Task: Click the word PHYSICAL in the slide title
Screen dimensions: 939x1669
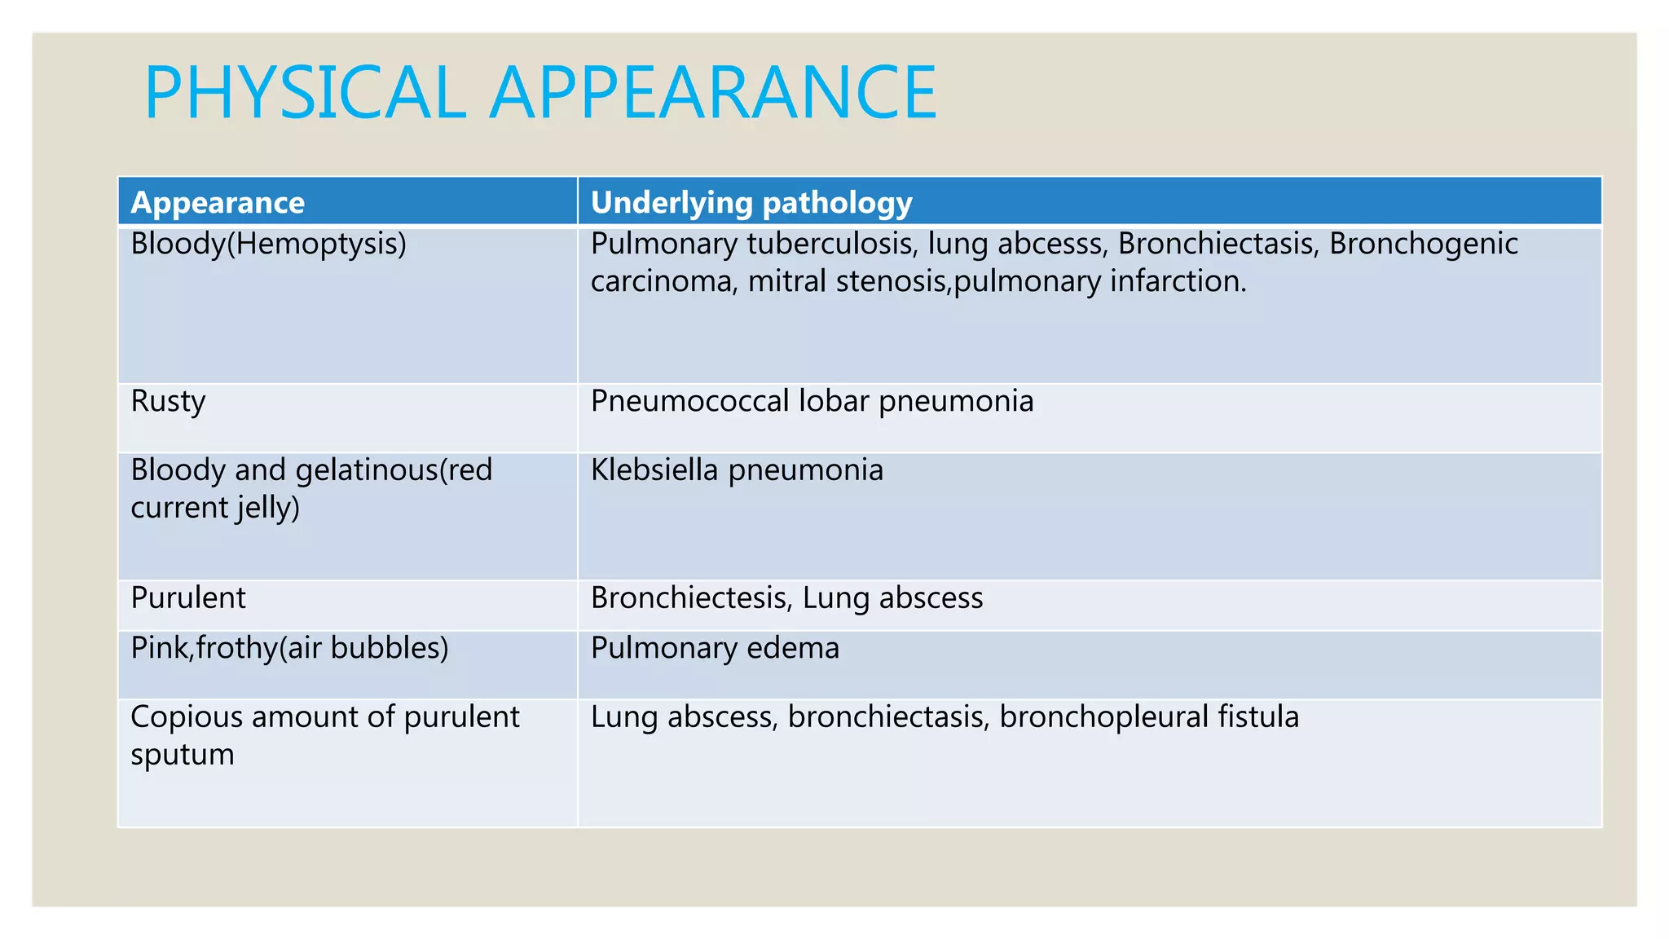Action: (305, 92)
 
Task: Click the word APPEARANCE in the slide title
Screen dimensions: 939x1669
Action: (713, 92)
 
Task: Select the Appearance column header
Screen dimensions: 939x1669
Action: (218, 202)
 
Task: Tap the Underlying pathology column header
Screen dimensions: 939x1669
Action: (751, 202)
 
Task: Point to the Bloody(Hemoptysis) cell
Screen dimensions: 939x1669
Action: (268, 244)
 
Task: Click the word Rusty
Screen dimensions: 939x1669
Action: (168, 401)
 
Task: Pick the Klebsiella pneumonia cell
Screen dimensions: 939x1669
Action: (737, 470)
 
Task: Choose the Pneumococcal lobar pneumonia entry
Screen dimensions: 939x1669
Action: (812, 401)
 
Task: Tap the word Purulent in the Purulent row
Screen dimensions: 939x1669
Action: (188, 598)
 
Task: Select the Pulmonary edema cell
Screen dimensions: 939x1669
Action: (715, 648)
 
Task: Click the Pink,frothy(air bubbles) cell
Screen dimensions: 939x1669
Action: (289, 648)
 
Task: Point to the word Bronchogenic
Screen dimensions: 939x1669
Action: (1424, 244)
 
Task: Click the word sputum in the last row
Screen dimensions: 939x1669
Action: (183, 755)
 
